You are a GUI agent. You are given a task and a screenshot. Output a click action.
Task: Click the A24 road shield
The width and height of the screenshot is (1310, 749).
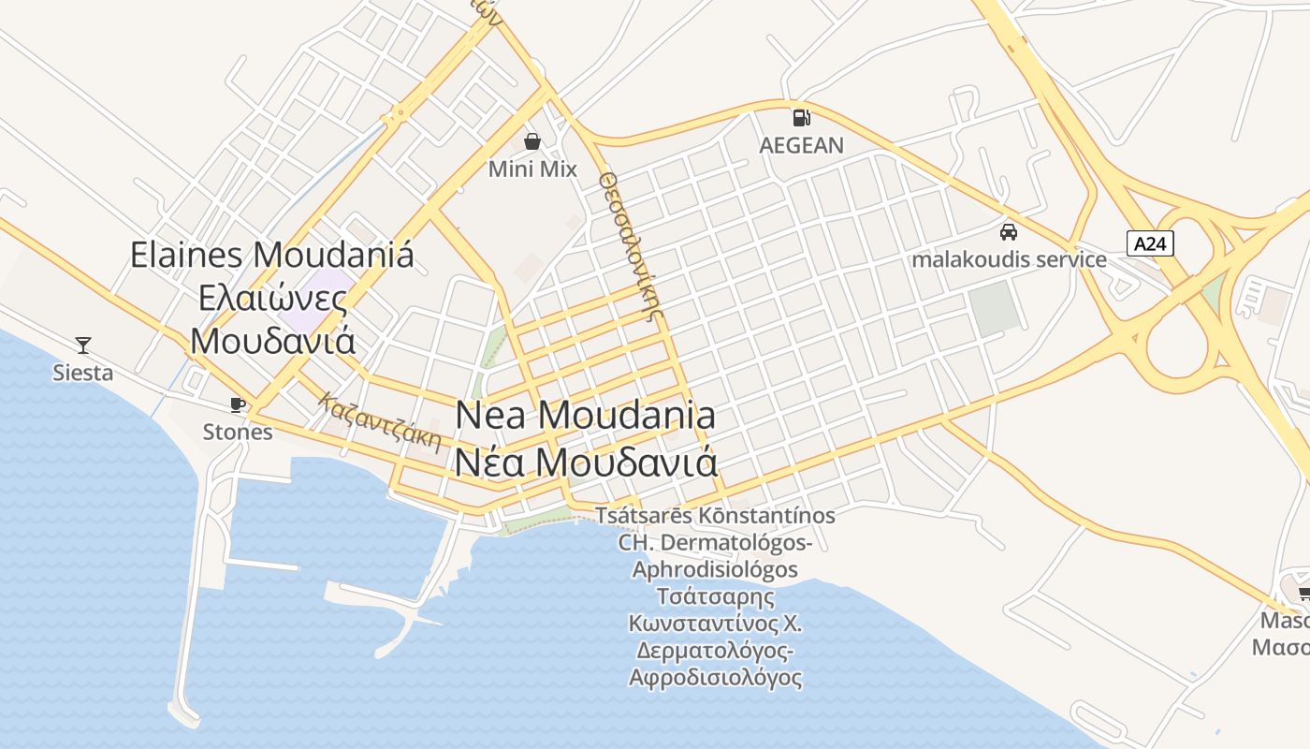click(1149, 244)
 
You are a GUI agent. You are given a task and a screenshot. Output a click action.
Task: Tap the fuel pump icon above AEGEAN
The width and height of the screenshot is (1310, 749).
click(801, 117)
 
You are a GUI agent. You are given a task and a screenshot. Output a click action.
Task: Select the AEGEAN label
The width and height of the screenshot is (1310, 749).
click(801, 145)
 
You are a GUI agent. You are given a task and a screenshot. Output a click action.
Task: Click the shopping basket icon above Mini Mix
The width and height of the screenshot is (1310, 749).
click(532, 141)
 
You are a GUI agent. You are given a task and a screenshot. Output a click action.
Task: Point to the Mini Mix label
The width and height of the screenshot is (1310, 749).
click(532, 169)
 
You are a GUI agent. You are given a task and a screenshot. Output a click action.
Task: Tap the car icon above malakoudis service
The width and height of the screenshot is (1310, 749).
click(1009, 231)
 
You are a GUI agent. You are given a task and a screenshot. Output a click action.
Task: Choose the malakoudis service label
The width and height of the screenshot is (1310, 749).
click(1009, 259)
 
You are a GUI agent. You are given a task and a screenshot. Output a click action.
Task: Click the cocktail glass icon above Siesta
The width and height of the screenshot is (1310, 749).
click(83, 345)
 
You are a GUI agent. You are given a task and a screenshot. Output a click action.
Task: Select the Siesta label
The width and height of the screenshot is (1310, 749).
click(83, 373)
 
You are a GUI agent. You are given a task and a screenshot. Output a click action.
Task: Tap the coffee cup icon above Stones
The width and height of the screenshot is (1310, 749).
click(238, 404)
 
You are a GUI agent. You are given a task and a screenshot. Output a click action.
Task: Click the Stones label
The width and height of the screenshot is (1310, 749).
click(238, 432)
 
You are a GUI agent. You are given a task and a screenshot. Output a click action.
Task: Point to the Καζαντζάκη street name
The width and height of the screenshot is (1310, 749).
click(379, 422)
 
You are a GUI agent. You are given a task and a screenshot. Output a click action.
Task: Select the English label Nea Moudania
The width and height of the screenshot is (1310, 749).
click(586, 415)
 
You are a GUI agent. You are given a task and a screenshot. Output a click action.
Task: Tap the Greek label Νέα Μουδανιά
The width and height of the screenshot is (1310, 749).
click(586, 463)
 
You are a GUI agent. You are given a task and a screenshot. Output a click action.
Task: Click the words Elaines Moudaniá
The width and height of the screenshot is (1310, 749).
click(271, 255)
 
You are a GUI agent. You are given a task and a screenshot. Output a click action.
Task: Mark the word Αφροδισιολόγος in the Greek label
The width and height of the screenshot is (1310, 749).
click(715, 677)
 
